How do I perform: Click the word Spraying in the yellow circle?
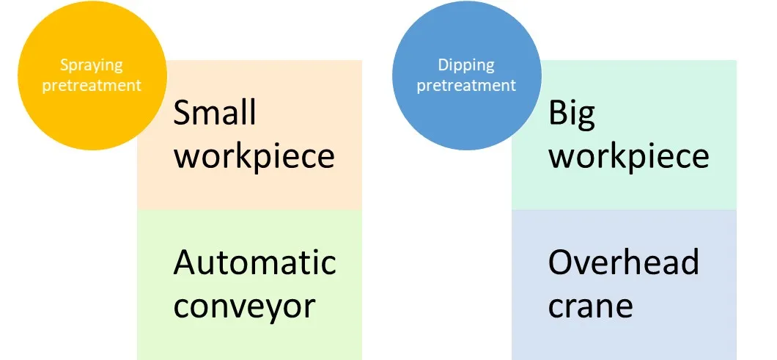[92, 65]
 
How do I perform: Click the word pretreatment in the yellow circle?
[92, 85]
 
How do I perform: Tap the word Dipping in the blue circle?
[466, 65]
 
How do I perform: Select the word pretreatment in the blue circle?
[466, 85]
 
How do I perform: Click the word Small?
[215, 113]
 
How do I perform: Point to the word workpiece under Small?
[254, 156]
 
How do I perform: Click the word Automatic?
[254, 262]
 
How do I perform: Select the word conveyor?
[244, 306]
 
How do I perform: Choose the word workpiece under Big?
[629, 156]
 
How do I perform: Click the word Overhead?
[623, 262]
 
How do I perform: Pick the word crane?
[590, 306]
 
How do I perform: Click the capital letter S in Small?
[182, 113]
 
